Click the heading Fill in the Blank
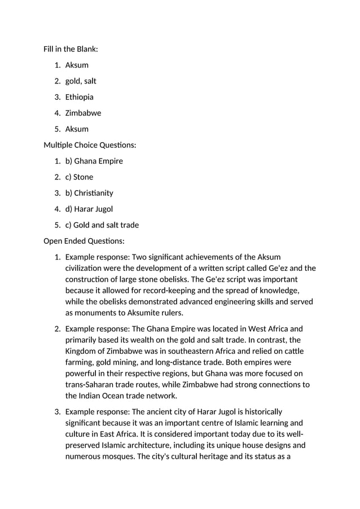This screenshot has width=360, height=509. (71, 49)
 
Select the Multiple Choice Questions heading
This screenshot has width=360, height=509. (90, 145)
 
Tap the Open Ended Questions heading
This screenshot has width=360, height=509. (84, 241)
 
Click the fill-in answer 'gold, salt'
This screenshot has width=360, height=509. (81, 81)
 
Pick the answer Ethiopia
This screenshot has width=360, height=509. (80, 97)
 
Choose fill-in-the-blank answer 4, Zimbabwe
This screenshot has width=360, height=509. (83, 113)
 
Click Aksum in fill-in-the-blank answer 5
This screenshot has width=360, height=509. (77, 129)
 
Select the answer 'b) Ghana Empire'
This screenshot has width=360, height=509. (94, 161)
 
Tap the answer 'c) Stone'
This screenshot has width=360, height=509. (79, 177)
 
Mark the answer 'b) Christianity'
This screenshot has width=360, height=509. (89, 193)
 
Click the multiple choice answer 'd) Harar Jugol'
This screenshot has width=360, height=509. (89, 209)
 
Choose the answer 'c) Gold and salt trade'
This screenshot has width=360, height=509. (102, 225)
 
